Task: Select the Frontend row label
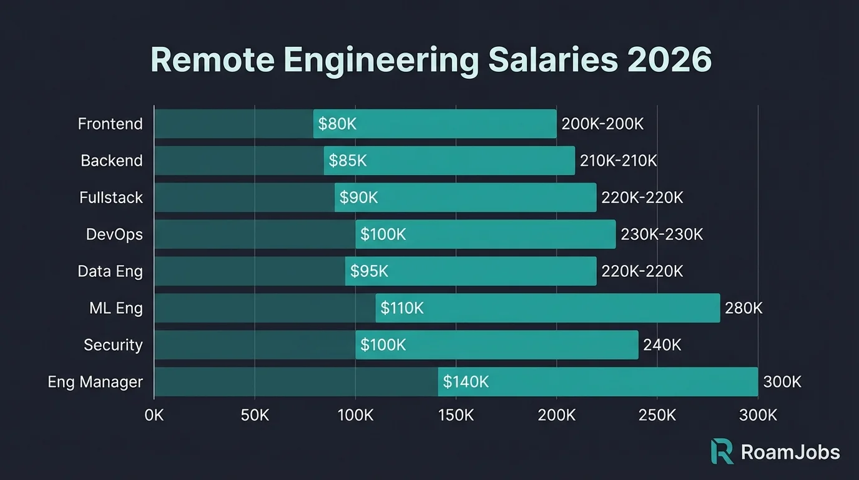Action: click(x=110, y=124)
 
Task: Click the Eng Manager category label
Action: click(x=95, y=382)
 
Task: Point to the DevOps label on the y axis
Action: click(x=114, y=234)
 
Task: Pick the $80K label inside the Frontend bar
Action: click(x=337, y=124)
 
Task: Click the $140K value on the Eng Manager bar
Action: click(x=466, y=382)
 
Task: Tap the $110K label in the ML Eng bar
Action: click(x=402, y=308)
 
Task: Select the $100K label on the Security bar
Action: click(x=383, y=345)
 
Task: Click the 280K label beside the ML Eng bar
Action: click(x=744, y=308)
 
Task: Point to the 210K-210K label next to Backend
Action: click(x=618, y=161)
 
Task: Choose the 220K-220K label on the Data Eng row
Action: click(x=642, y=271)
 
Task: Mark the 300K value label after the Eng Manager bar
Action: click(x=782, y=382)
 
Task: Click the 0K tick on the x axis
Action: click(x=154, y=415)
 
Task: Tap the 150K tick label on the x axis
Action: click(x=456, y=415)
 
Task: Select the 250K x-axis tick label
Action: click(x=657, y=415)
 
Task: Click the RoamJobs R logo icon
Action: click(x=722, y=451)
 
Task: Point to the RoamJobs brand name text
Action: click(x=790, y=452)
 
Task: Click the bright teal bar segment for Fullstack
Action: click(x=465, y=197)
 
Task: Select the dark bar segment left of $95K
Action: click(x=250, y=271)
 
